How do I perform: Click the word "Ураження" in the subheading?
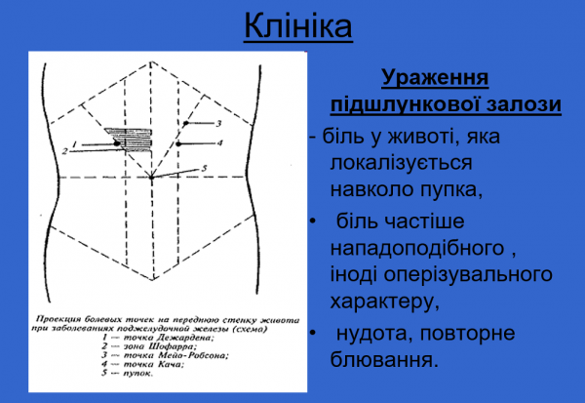pos(434,77)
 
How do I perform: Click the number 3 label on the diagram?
pos(218,124)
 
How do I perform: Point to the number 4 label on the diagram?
pos(220,143)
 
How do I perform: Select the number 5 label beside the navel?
pos(205,168)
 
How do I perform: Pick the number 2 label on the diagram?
pos(63,152)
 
